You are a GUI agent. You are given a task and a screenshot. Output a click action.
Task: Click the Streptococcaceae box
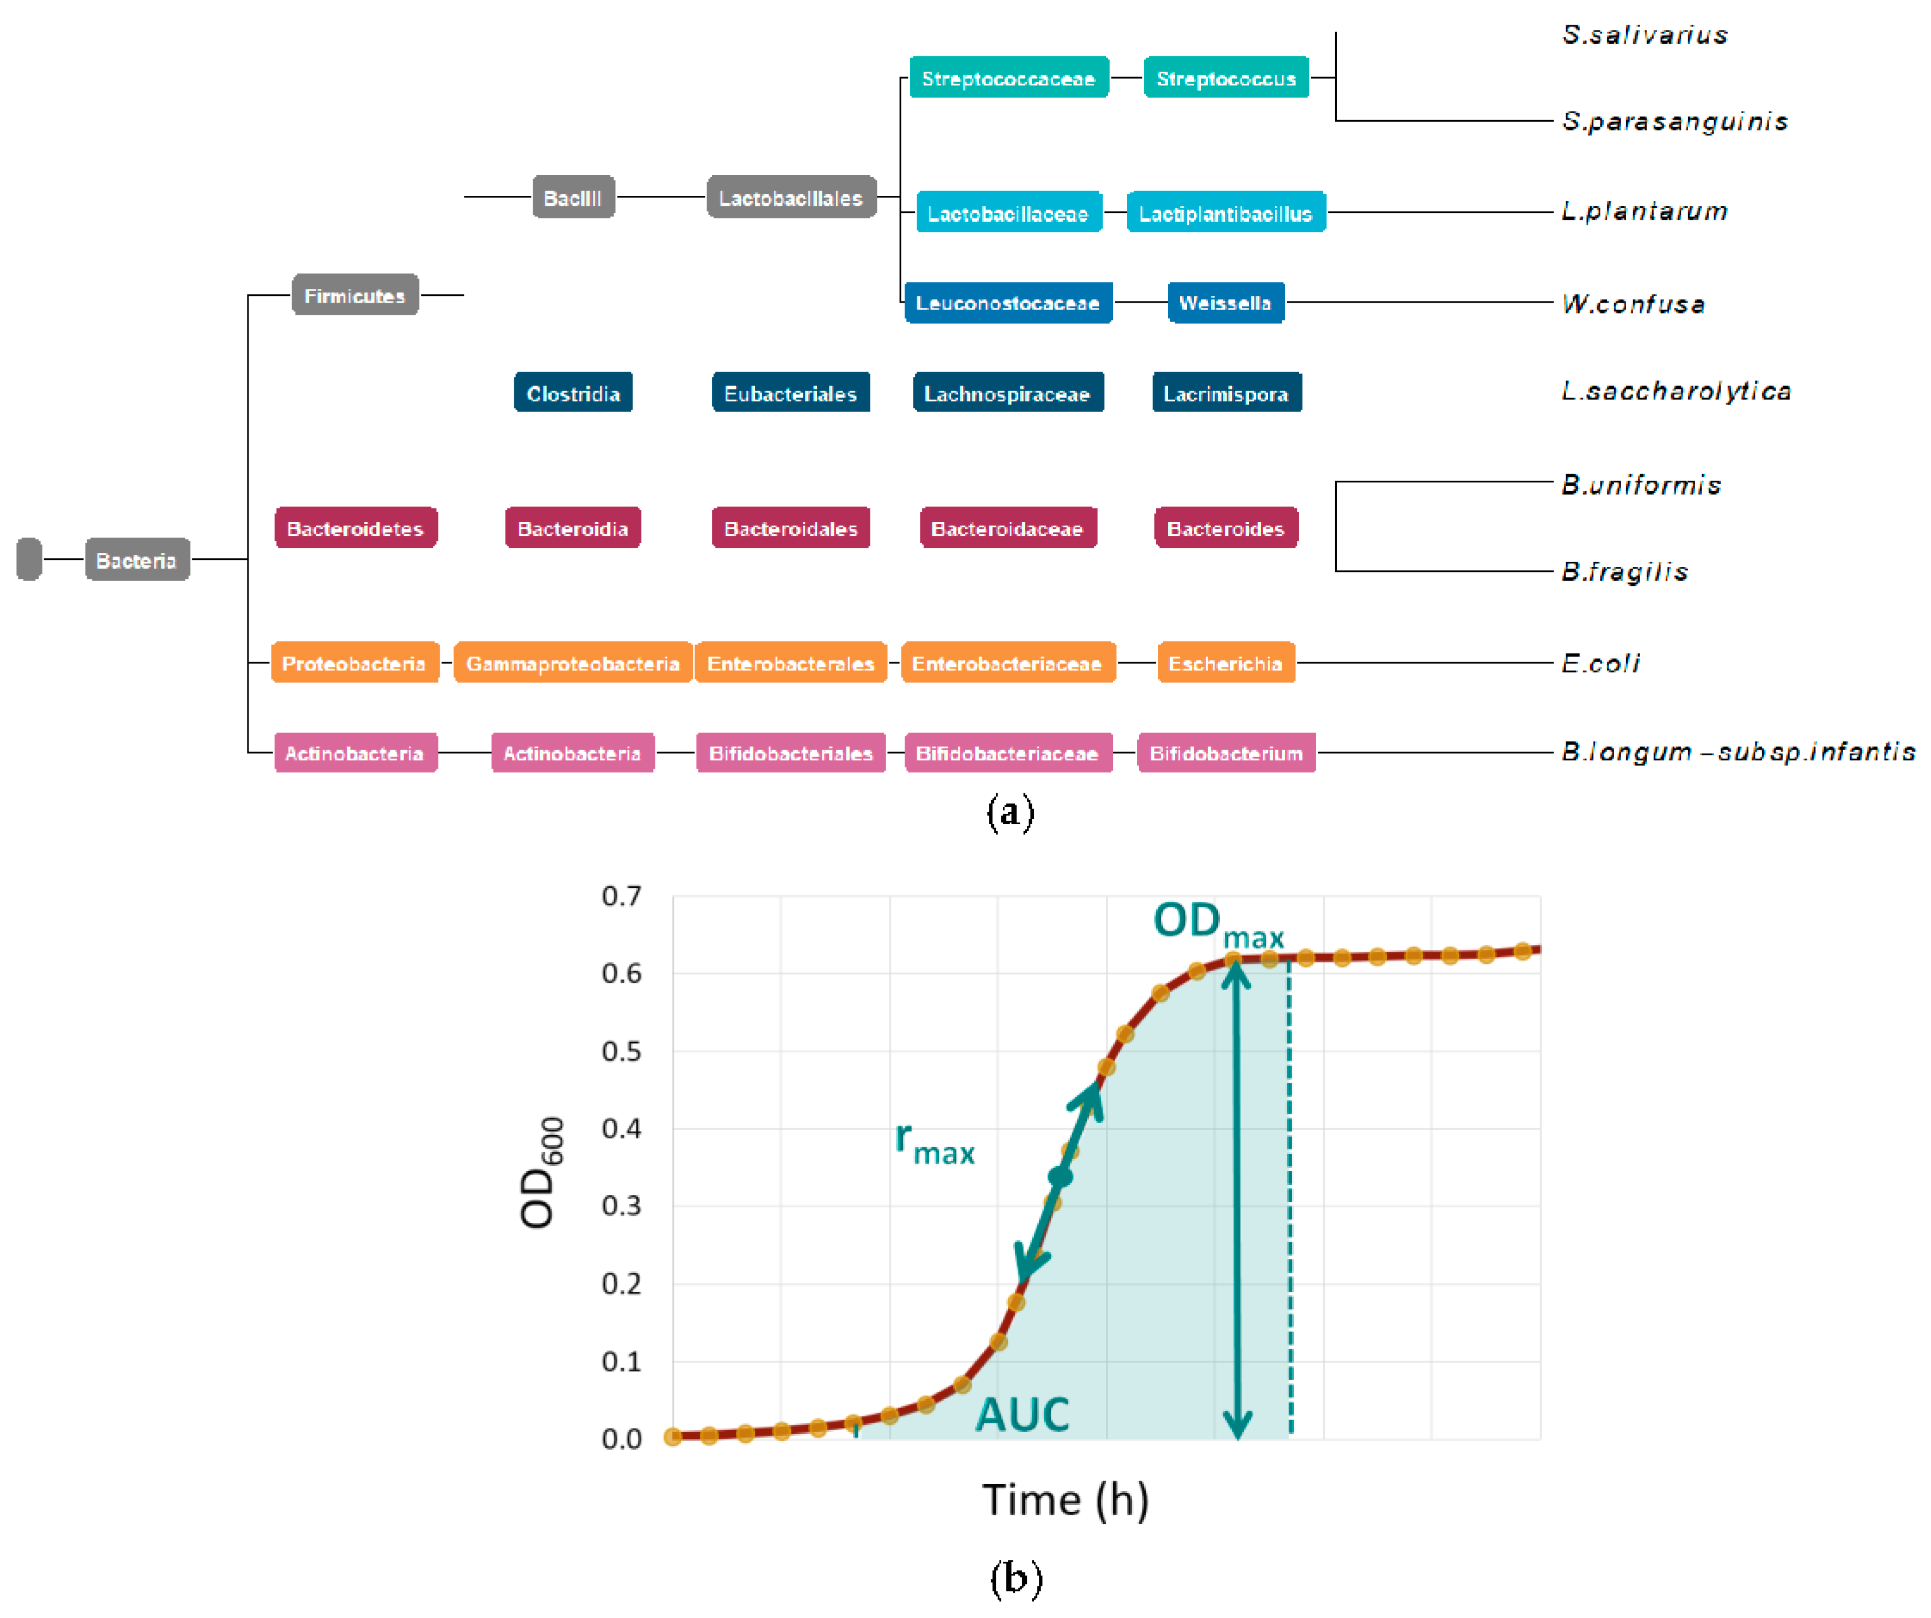1008,78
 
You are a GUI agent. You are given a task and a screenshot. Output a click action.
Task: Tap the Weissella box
1225,303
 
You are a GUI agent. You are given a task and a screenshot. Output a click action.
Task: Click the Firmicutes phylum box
355,295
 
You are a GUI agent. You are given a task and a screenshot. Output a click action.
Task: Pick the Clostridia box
573,393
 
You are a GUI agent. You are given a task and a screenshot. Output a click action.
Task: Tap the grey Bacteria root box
137,559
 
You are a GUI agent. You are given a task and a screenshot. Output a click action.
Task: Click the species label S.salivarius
1644,35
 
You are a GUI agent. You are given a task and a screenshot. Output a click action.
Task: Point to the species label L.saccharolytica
1676,391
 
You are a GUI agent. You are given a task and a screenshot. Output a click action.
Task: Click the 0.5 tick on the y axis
622,1051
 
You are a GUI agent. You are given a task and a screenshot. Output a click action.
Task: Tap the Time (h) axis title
1065,1499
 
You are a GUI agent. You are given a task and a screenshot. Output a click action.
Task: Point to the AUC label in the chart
1022,1414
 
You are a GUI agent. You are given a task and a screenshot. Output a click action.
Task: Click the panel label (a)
1010,812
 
